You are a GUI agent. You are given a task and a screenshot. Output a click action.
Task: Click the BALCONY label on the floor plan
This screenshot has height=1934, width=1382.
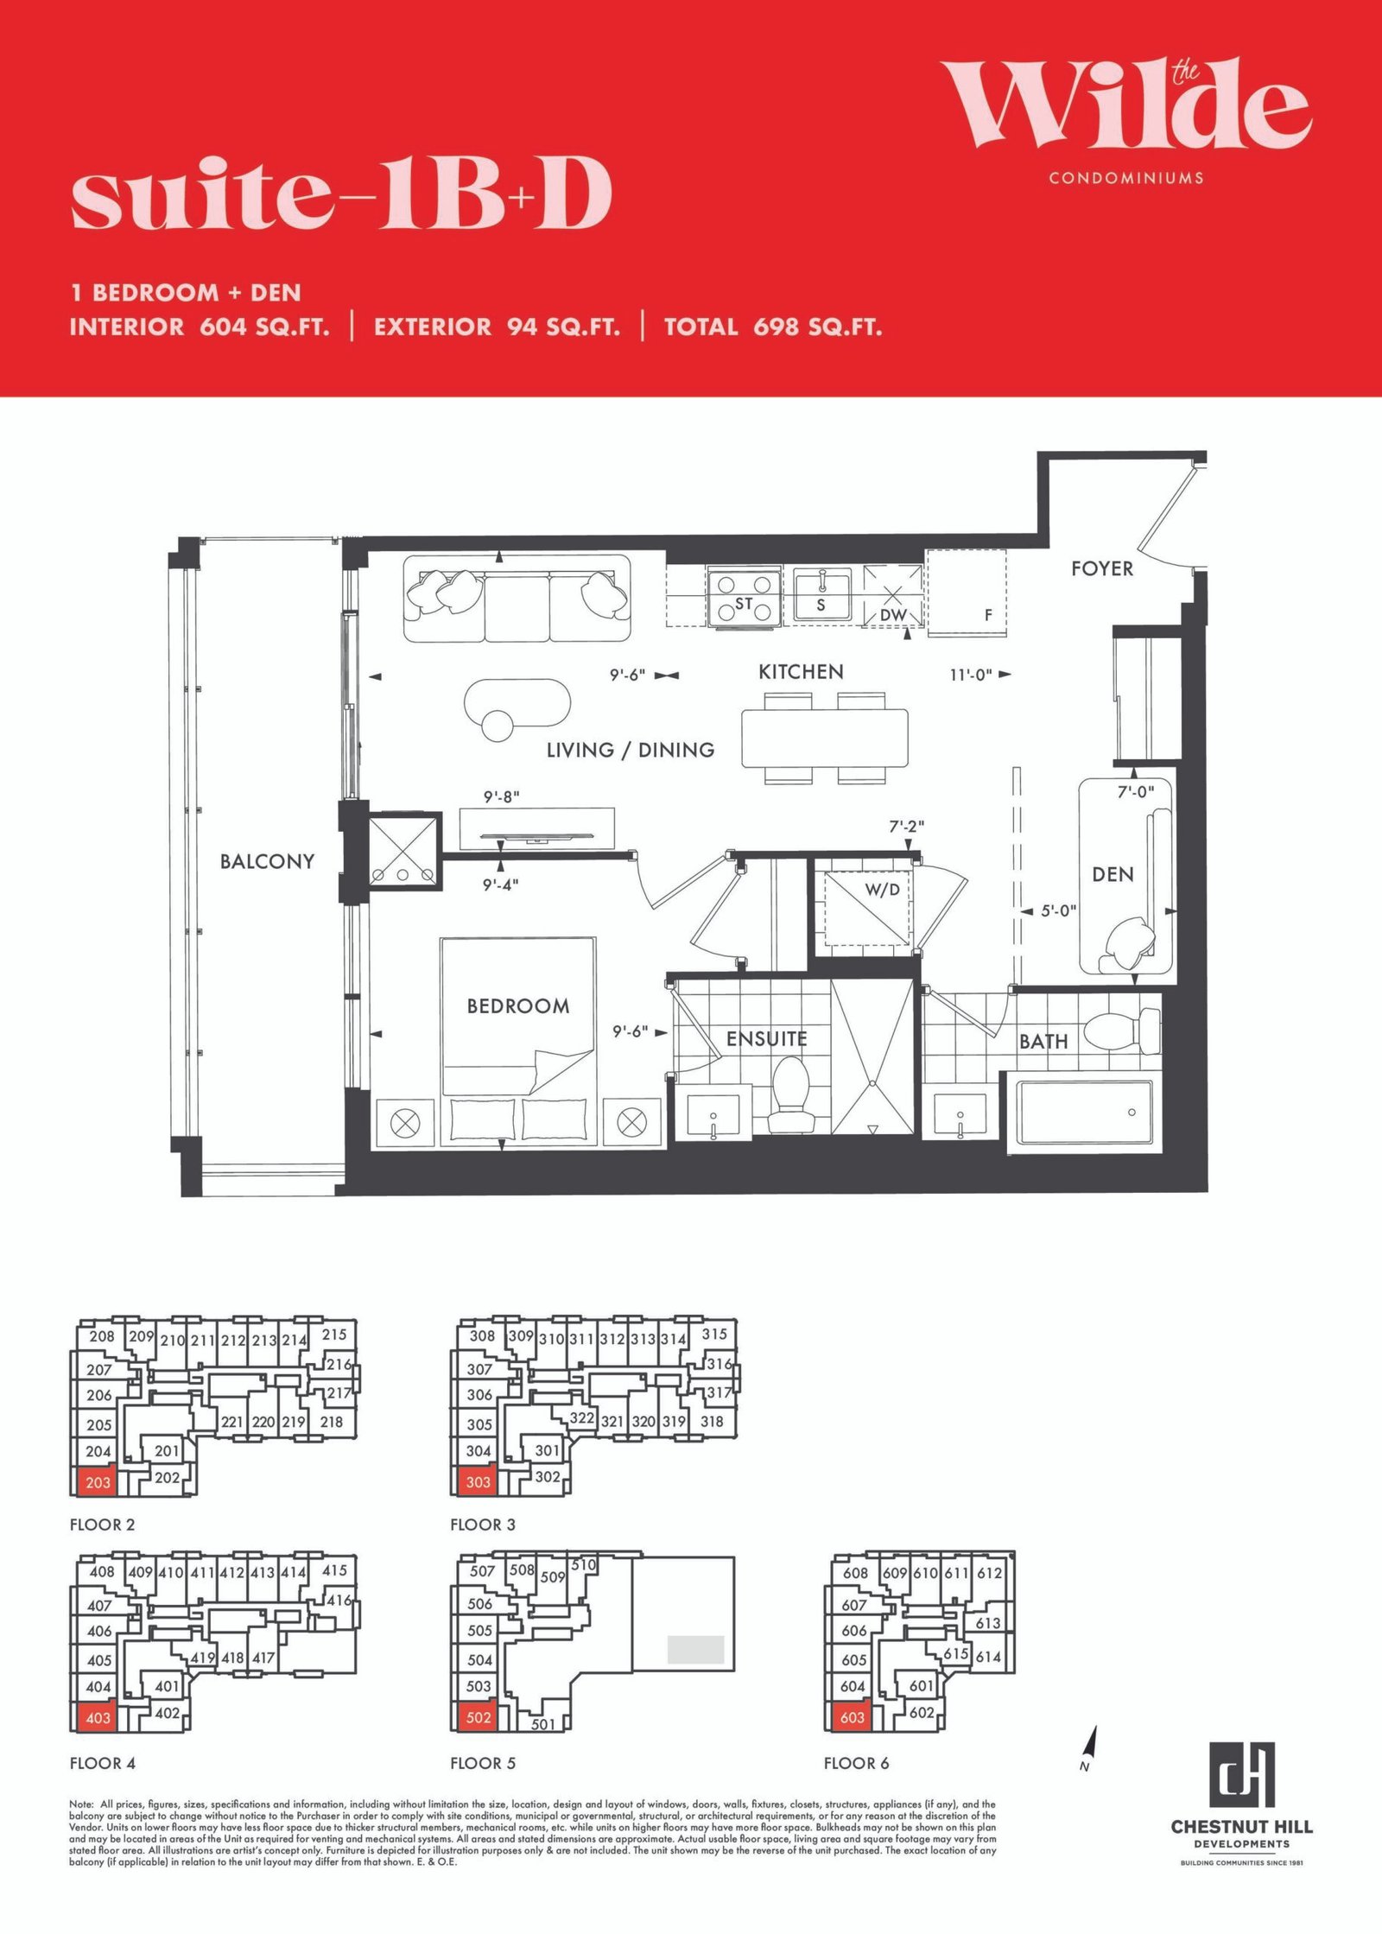pos(267,861)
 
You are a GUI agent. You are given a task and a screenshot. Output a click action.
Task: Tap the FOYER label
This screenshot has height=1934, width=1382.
pos(1102,568)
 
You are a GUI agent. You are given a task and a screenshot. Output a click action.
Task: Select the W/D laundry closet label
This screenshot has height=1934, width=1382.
pos(882,889)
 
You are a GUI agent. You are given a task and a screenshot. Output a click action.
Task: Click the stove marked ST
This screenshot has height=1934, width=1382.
pos(744,597)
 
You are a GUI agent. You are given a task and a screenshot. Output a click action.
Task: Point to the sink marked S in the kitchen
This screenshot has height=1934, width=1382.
pos(822,595)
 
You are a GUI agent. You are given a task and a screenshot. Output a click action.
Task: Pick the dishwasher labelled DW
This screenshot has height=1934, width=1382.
pos(893,596)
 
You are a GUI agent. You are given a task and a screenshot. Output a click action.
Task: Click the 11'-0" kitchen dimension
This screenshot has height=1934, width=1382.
pos(971,675)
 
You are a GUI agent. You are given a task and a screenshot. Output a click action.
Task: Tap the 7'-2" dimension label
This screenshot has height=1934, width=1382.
pos(906,827)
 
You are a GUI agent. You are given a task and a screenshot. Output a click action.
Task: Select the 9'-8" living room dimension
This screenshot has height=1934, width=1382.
pos(501,796)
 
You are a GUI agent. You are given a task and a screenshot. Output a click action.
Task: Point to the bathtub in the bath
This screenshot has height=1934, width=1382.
pos(1085,1114)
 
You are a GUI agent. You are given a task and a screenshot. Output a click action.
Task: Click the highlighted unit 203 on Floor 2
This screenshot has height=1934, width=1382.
pos(97,1482)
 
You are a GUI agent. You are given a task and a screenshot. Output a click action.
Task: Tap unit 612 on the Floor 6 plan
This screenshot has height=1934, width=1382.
pos(990,1573)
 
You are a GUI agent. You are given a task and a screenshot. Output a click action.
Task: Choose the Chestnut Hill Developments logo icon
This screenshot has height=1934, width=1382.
pos(1241,1775)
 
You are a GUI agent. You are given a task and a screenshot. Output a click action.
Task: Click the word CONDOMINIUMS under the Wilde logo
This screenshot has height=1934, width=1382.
pos(1126,178)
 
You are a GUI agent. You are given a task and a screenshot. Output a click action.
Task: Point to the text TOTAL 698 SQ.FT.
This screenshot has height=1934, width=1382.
pos(773,327)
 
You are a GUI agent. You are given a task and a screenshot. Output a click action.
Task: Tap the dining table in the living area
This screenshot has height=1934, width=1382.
pos(825,738)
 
